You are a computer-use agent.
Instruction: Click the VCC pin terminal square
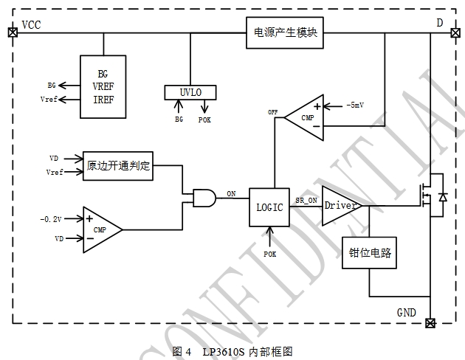point(12,32)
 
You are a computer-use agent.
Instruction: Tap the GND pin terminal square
point(431,322)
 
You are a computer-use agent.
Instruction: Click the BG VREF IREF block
point(103,87)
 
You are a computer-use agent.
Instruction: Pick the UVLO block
point(190,92)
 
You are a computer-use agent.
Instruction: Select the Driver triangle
point(340,205)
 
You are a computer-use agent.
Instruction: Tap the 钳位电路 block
point(369,253)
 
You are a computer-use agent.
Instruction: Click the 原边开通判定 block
point(118,165)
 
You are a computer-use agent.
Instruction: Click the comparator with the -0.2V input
point(100,229)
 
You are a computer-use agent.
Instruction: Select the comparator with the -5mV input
point(305,115)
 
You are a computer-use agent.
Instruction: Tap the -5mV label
point(354,105)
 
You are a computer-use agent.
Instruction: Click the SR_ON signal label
point(306,200)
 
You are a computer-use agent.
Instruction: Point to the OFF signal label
point(272,111)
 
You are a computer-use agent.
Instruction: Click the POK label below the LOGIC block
point(270,254)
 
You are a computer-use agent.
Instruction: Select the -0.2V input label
point(52,220)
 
